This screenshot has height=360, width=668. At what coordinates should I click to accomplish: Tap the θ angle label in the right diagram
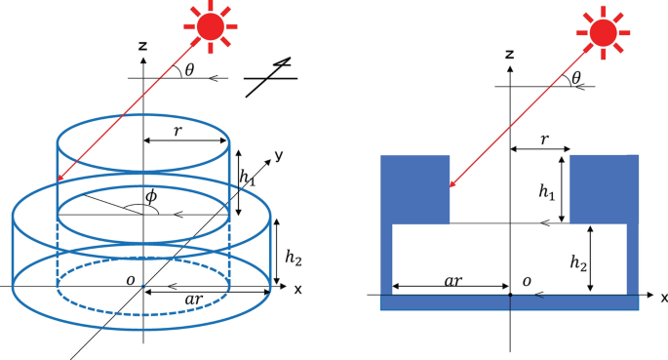[x=576, y=77]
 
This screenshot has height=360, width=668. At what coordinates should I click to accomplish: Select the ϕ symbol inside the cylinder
[x=151, y=197]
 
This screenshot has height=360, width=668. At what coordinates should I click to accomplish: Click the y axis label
[x=278, y=154]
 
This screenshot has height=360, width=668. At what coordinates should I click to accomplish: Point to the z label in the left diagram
[x=142, y=45]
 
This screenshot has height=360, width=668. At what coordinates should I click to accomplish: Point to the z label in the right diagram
[x=510, y=56]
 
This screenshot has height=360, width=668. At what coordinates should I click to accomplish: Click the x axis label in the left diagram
[x=296, y=289]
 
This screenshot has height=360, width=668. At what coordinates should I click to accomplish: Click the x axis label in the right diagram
[x=664, y=297]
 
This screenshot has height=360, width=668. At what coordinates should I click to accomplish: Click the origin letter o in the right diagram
[x=529, y=280]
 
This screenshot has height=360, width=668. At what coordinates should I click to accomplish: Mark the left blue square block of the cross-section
[x=414, y=189]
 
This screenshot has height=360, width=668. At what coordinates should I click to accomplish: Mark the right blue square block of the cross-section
[x=604, y=189]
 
